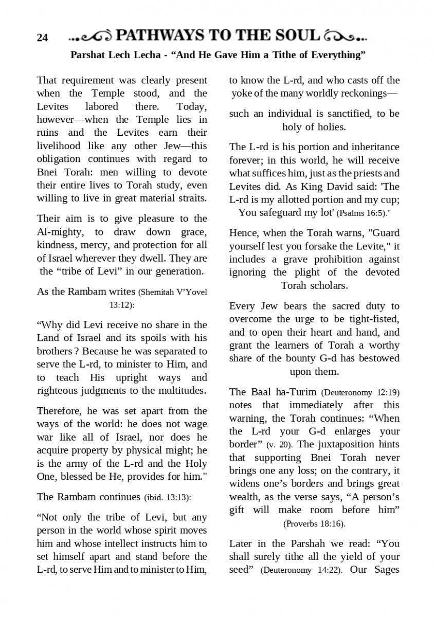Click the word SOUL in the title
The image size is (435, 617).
click(x=295, y=35)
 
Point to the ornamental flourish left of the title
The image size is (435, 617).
click(x=90, y=37)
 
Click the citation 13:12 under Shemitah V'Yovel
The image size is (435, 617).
click(x=121, y=305)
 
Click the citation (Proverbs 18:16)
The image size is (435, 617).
click(x=314, y=524)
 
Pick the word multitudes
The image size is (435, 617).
click(x=178, y=390)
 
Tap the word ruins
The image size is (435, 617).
click(x=50, y=133)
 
